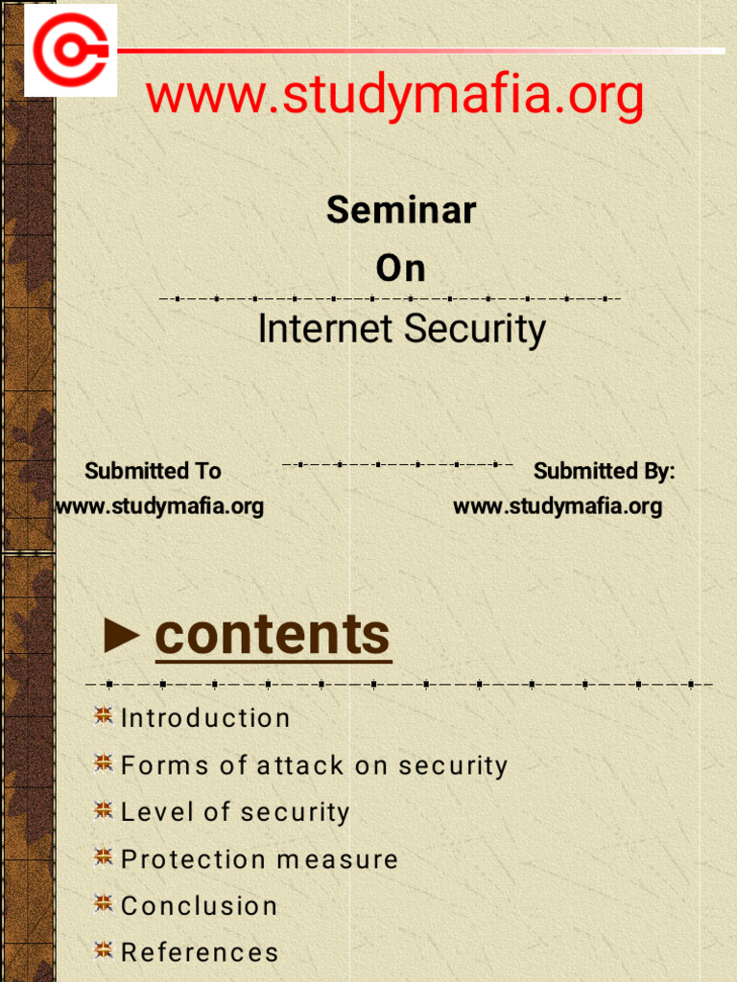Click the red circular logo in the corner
[69, 50]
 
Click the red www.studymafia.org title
[394, 96]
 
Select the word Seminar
[401, 210]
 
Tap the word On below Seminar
[401, 269]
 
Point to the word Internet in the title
[325, 329]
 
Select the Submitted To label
[153, 471]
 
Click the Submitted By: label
[605, 471]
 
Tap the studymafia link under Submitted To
[159, 505]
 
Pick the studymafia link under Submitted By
[558, 505]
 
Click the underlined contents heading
[273, 634]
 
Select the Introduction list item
[205, 718]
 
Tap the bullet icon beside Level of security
[104, 810]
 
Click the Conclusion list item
[200, 906]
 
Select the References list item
[200, 952]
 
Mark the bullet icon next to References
[104, 950]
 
